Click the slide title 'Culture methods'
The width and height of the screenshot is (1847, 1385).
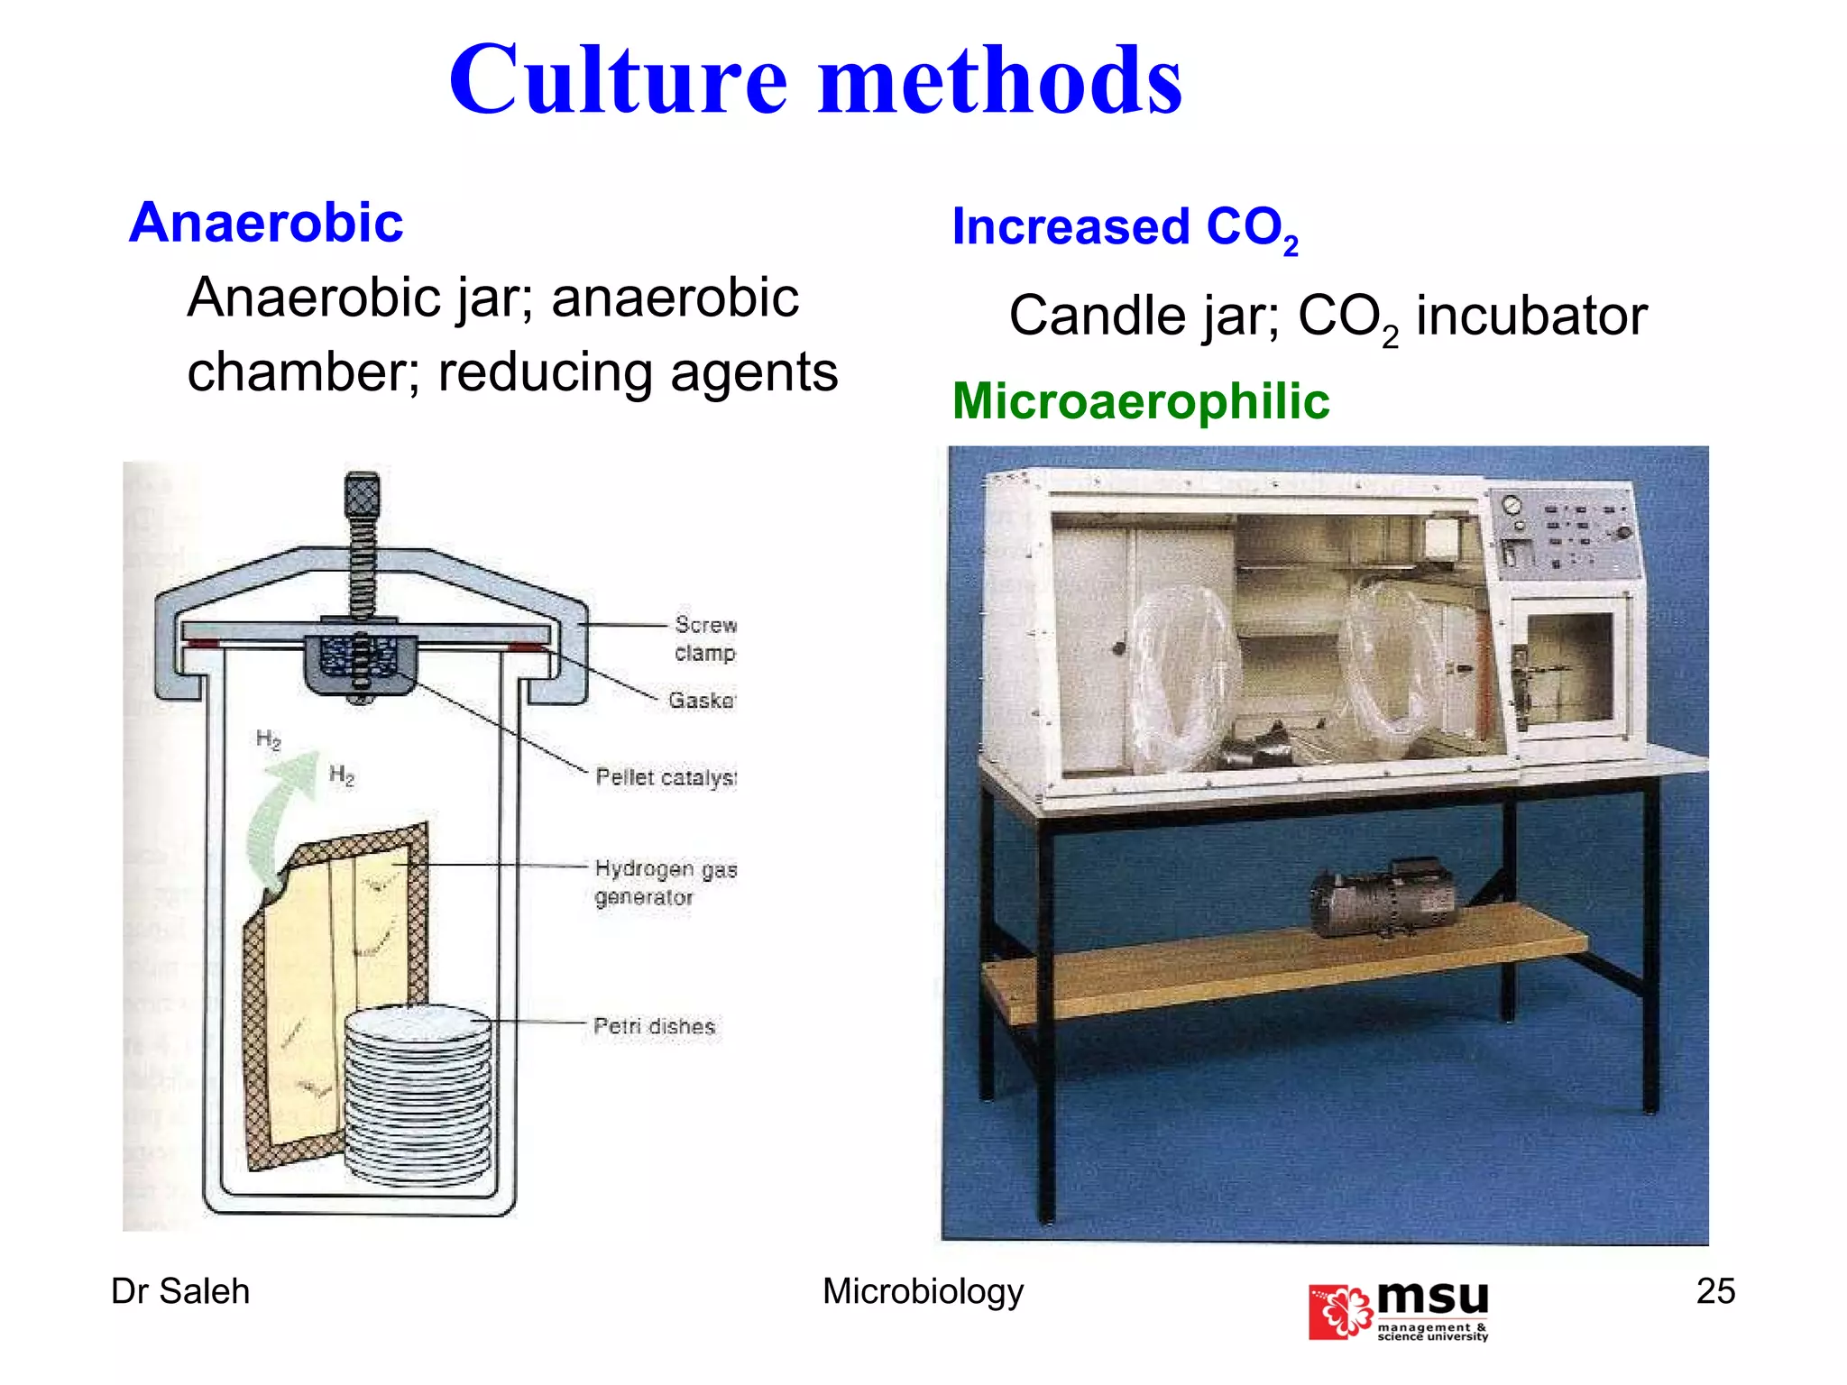click(815, 81)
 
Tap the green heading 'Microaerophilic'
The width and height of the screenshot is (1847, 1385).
click(1141, 401)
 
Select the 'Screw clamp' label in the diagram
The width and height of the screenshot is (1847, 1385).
click(704, 637)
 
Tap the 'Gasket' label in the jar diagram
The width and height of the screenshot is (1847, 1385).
click(702, 700)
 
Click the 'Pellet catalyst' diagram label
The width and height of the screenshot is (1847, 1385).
click(666, 777)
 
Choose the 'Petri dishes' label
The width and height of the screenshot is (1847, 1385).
click(654, 1026)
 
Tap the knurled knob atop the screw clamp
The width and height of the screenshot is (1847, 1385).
click(362, 493)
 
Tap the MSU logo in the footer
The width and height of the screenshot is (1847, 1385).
click(1398, 1311)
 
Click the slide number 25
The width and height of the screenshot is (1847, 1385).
click(1715, 1291)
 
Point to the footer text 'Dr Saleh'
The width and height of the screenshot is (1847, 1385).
click(180, 1291)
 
